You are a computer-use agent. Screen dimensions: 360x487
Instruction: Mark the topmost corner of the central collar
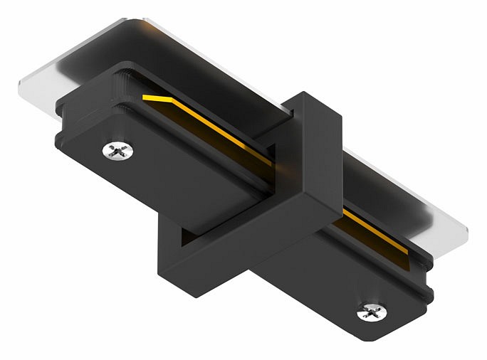[x=305, y=93]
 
